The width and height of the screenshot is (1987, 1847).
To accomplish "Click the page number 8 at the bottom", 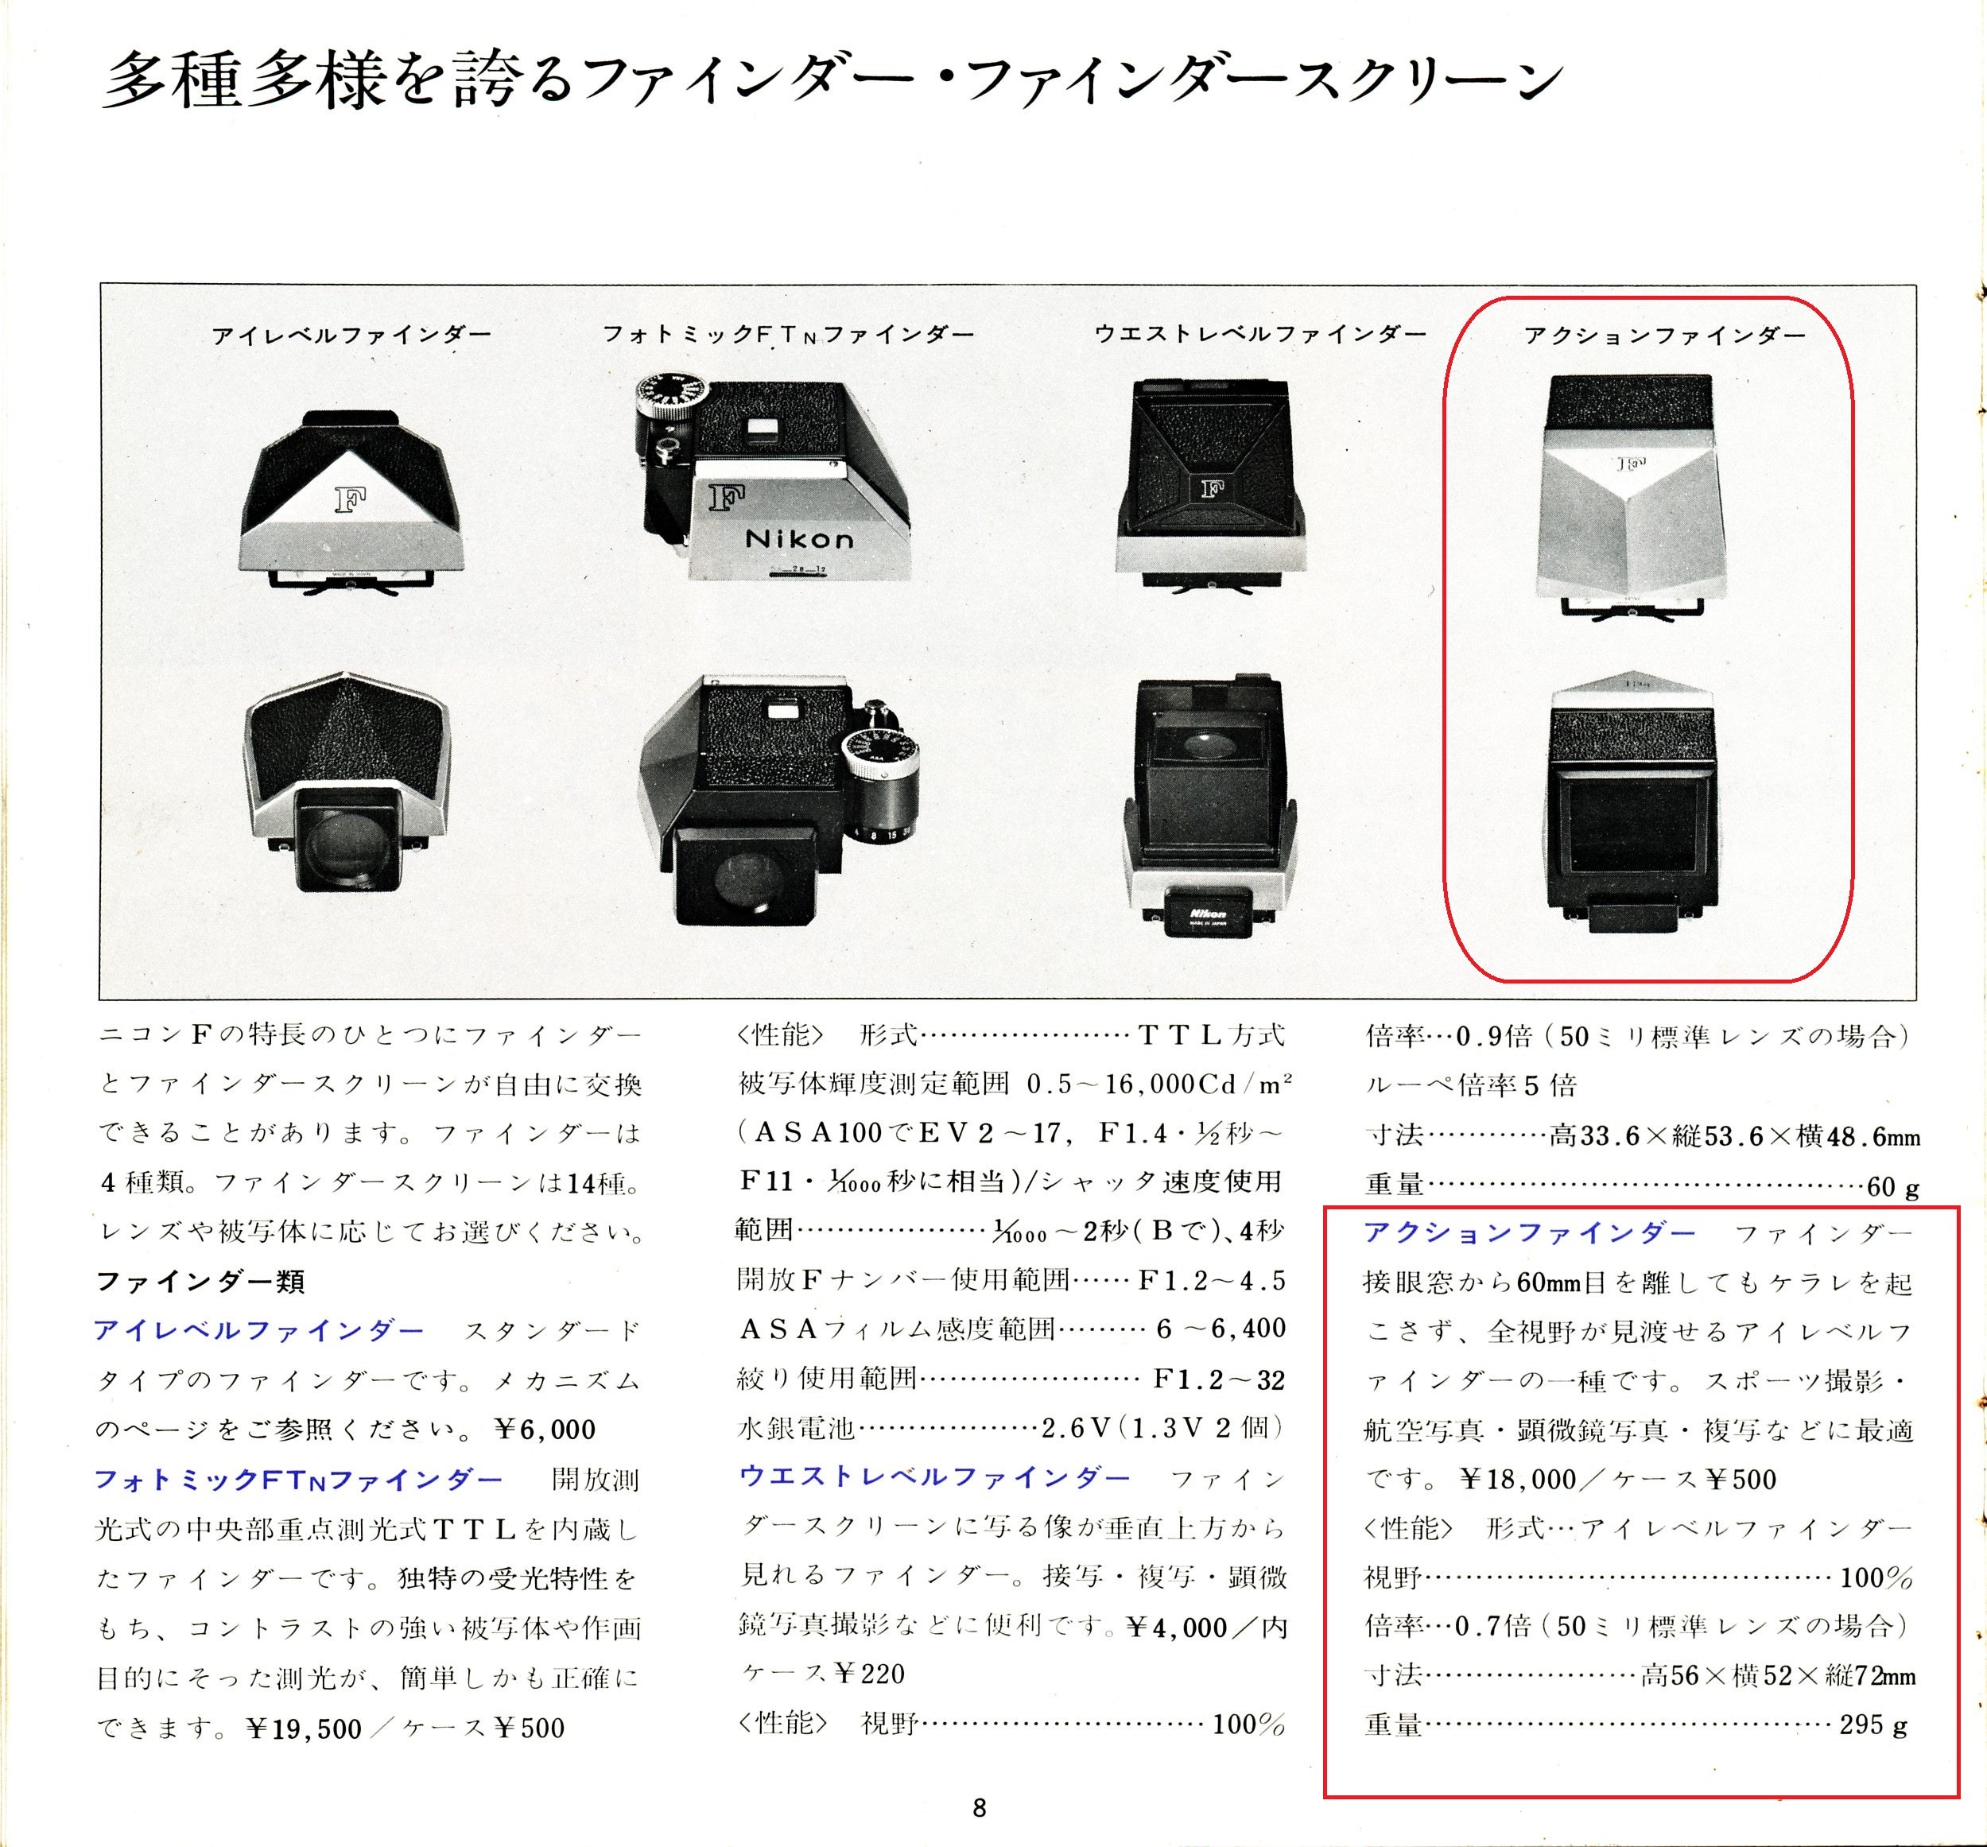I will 979,1807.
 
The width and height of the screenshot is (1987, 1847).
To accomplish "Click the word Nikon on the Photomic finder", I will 800,540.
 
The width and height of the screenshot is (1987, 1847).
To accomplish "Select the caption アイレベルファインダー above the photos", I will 351,336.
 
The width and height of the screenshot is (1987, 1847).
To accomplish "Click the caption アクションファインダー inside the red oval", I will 1664,336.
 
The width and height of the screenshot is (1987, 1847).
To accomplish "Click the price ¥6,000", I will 545,1430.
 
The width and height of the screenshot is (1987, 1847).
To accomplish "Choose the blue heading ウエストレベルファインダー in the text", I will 934,1477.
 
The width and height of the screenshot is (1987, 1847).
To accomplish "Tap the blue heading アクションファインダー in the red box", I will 1529,1232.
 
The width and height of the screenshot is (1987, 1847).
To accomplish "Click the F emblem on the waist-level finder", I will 1212,489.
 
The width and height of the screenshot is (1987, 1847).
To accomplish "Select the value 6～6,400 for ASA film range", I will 1221,1329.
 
